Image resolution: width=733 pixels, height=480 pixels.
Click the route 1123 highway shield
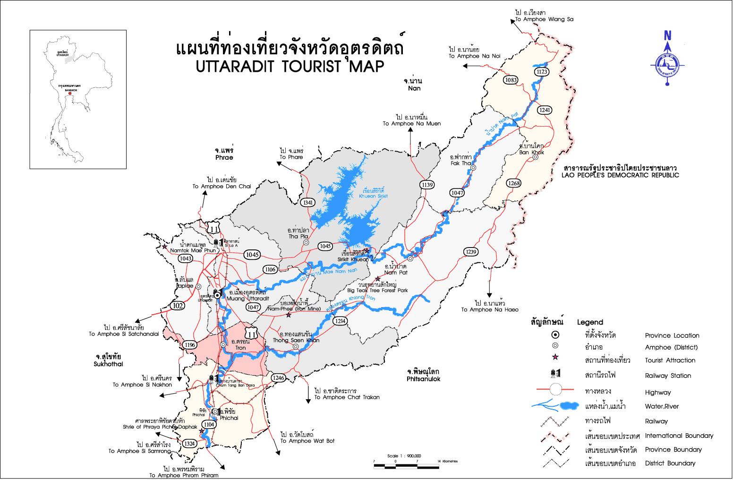541,71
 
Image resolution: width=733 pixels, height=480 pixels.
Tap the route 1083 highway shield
511,80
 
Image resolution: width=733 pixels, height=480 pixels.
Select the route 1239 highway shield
470,252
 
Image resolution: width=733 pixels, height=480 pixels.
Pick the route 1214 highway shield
340,321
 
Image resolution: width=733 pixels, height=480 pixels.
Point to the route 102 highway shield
178,305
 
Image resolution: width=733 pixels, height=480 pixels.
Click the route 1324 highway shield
189,443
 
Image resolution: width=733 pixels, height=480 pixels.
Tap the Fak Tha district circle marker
473,168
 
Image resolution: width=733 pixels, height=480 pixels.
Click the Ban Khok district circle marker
536,158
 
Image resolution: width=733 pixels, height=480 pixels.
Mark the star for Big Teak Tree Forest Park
377,279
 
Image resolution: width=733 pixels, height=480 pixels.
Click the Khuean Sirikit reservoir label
373,193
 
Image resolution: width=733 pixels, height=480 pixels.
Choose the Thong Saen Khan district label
296,340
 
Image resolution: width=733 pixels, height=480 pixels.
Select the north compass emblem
667,59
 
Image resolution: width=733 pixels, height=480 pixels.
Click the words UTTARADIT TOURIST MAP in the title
290,67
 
